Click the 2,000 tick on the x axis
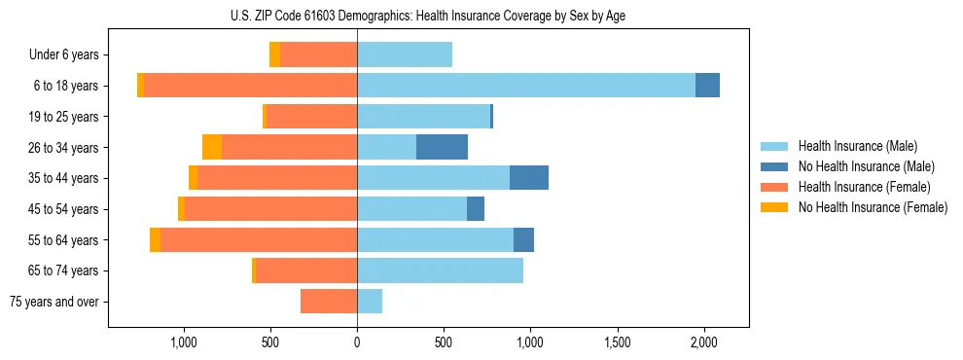[x=703, y=342]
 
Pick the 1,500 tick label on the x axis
[x=617, y=342]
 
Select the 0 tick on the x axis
[x=357, y=342]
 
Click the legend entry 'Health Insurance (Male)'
[x=857, y=146]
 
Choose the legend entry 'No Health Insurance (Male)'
[x=865, y=166]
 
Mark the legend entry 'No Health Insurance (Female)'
[x=872, y=207]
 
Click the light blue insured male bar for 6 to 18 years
[x=525, y=86]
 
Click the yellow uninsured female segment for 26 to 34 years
[x=212, y=147]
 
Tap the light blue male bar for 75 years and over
[x=370, y=302]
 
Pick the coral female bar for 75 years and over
[x=329, y=302]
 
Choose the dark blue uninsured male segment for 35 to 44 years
[x=528, y=178]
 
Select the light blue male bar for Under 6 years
[x=405, y=54]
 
